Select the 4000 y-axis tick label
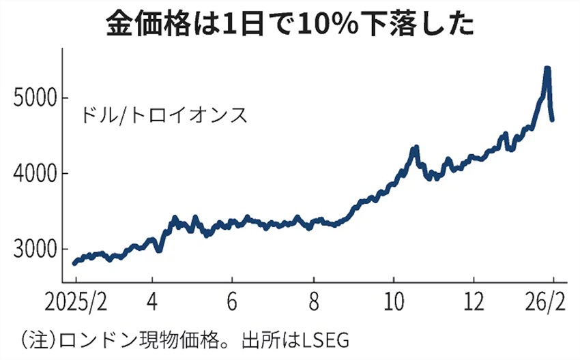pos(35,174)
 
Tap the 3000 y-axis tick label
pos(35,250)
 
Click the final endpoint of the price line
pos(552,120)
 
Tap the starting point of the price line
pos(74,263)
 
